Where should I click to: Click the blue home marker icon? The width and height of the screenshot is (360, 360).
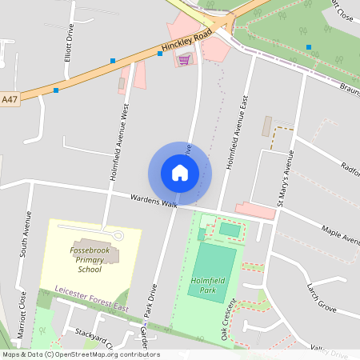180,173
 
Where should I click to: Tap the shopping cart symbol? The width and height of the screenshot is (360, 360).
185,59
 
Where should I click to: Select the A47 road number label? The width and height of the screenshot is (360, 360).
10,99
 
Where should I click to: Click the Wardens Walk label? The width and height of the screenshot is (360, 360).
154,201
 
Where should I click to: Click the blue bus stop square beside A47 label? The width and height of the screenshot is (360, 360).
56,90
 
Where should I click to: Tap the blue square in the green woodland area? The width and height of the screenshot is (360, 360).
309,47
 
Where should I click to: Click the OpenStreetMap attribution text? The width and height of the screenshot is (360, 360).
81,354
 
